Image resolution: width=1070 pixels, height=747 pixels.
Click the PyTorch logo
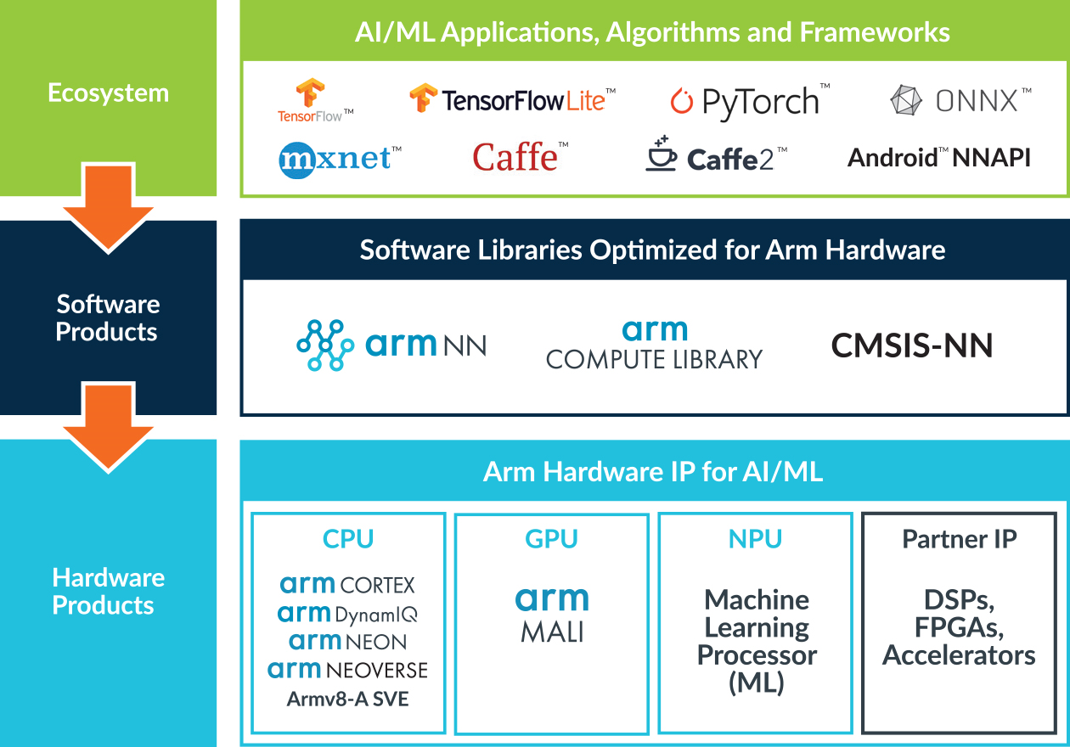pyautogui.click(x=748, y=102)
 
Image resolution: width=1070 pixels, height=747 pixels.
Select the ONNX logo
pyautogui.click(x=960, y=101)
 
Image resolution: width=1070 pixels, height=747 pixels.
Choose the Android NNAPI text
pyautogui.click(x=939, y=157)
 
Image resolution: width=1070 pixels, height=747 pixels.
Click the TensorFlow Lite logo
pyautogui.click(x=511, y=100)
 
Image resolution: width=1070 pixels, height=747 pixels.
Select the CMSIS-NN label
pyautogui.click(x=911, y=345)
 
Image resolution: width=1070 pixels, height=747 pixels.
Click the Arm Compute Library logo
pyautogui.click(x=654, y=345)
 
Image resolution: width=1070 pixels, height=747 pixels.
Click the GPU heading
pyautogui.click(x=551, y=539)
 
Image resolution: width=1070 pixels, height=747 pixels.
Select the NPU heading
pyautogui.click(x=755, y=539)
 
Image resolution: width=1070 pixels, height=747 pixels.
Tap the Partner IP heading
pyautogui.click(x=959, y=539)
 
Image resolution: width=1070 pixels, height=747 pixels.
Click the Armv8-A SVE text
pyautogui.click(x=348, y=699)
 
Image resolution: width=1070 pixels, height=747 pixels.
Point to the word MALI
pyautogui.click(x=551, y=632)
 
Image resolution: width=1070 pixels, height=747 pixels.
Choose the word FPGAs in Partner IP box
pyautogui.click(x=959, y=628)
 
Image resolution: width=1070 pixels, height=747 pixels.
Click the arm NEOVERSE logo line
pyautogui.click(x=348, y=671)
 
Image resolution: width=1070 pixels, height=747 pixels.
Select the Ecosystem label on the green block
pyautogui.click(x=108, y=93)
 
